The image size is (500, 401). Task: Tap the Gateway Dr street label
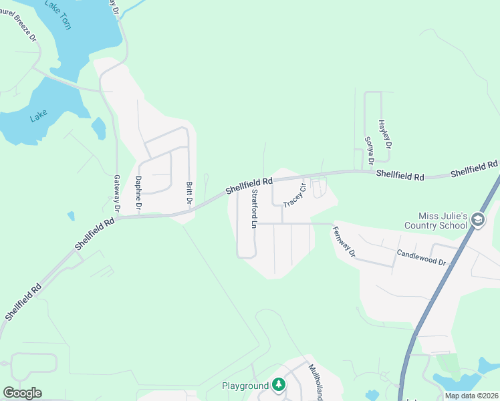pyautogui.click(x=116, y=194)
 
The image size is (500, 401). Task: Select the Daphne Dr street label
pyautogui.click(x=138, y=194)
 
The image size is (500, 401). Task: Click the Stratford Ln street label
pyautogui.click(x=254, y=209)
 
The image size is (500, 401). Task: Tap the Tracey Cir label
pyautogui.click(x=294, y=194)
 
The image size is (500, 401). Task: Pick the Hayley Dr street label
pyautogui.click(x=384, y=134)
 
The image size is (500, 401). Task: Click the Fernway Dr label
pyautogui.click(x=344, y=241)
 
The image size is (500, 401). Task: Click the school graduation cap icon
pyautogui.click(x=478, y=219)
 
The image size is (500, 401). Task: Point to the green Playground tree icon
pyautogui.click(x=279, y=385)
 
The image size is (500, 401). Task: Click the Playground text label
pyautogui.click(x=245, y=386)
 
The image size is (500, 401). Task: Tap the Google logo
pyautogui.click(x=22, y=393)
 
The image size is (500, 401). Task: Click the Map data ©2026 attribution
pyautogui.click(x=471, y=396)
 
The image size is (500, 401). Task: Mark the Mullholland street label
pyautogui.click(x=316, y=382)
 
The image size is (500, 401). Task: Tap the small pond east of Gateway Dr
pyautogui.click(x=98, y=128)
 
